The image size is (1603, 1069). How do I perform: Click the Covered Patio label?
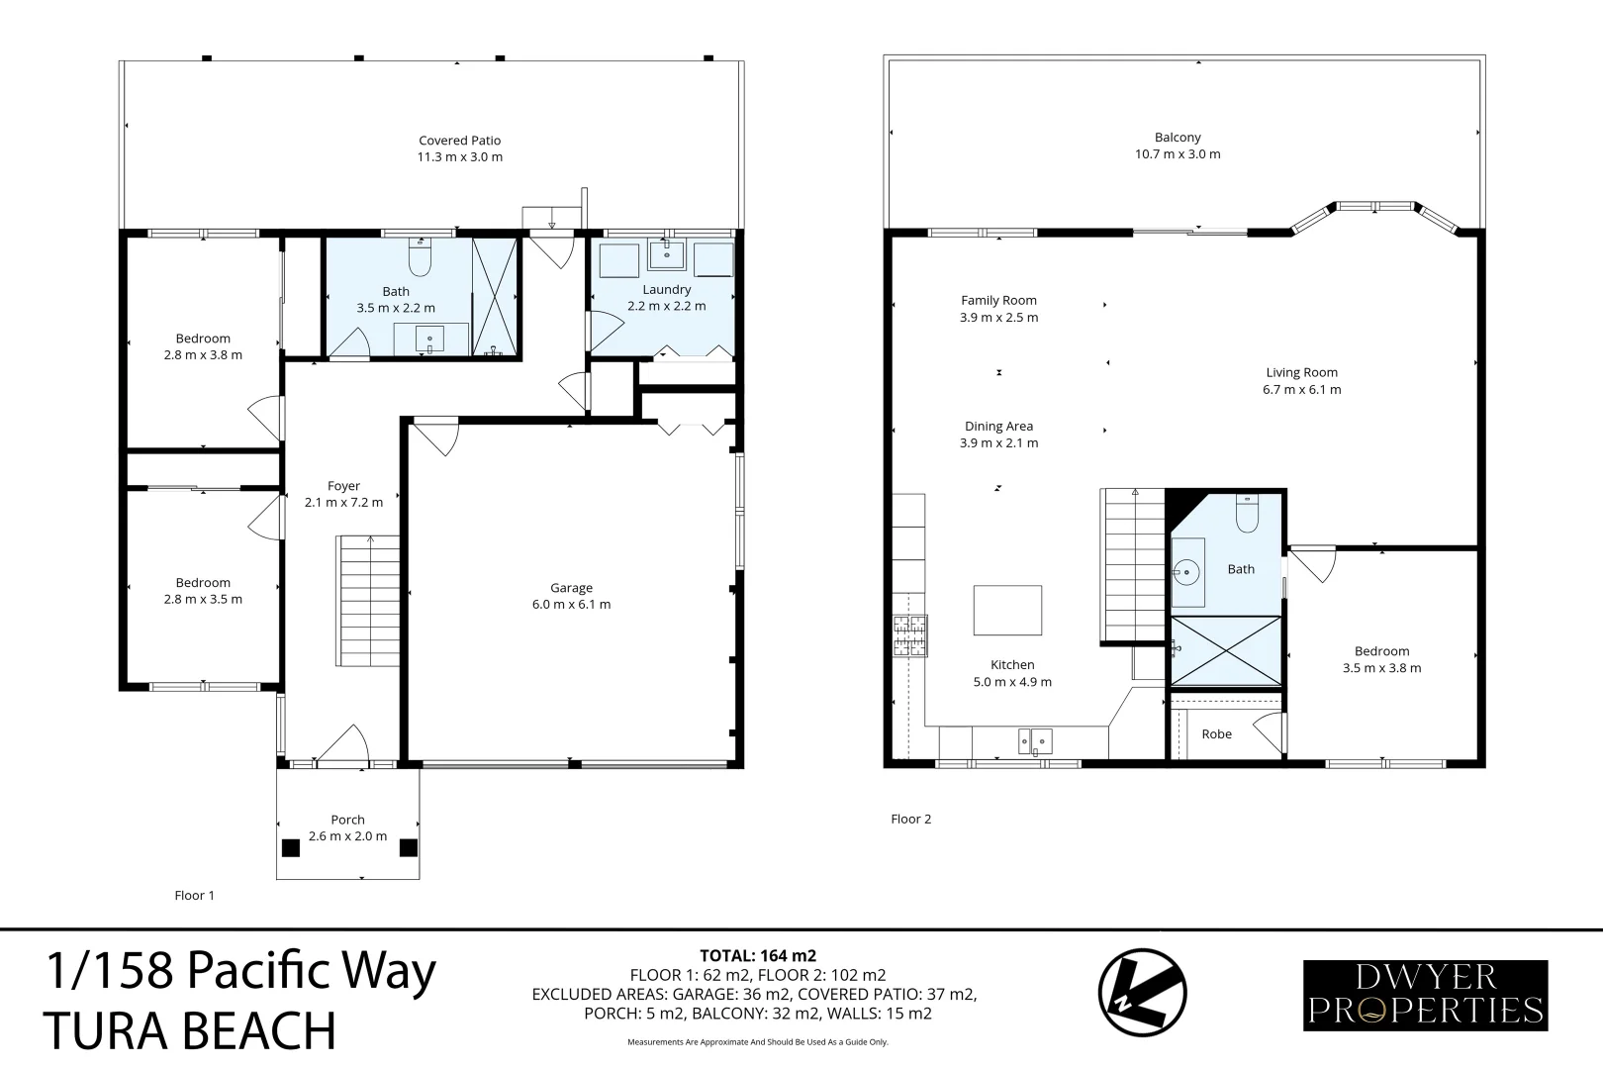[459, 141]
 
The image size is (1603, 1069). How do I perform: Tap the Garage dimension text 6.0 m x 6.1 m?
[571, 605]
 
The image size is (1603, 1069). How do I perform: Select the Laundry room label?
[666, 289]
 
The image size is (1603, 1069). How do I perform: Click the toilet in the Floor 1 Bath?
[420, 257]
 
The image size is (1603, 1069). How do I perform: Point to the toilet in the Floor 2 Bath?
[1247, 514]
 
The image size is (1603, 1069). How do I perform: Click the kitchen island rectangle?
[1007, 610]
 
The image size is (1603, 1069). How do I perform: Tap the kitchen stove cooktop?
[909, 635]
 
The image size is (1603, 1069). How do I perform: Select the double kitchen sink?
[1035, 741]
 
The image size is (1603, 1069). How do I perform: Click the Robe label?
[1216, 733]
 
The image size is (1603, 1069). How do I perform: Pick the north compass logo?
[1142, 993]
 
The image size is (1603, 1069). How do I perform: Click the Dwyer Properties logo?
[1426, 995]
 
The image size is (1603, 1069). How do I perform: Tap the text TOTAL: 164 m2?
[758, 955]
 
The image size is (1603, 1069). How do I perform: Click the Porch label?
[347, 820]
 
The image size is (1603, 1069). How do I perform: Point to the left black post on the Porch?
[291, 847]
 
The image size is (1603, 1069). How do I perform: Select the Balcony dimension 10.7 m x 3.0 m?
[1178, 154]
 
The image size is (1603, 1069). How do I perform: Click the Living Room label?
[1302, 372]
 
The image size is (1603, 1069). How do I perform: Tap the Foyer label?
[343, 485]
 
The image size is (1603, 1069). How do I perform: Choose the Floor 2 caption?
[911, 819]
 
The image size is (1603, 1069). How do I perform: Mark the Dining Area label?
[999, 426]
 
